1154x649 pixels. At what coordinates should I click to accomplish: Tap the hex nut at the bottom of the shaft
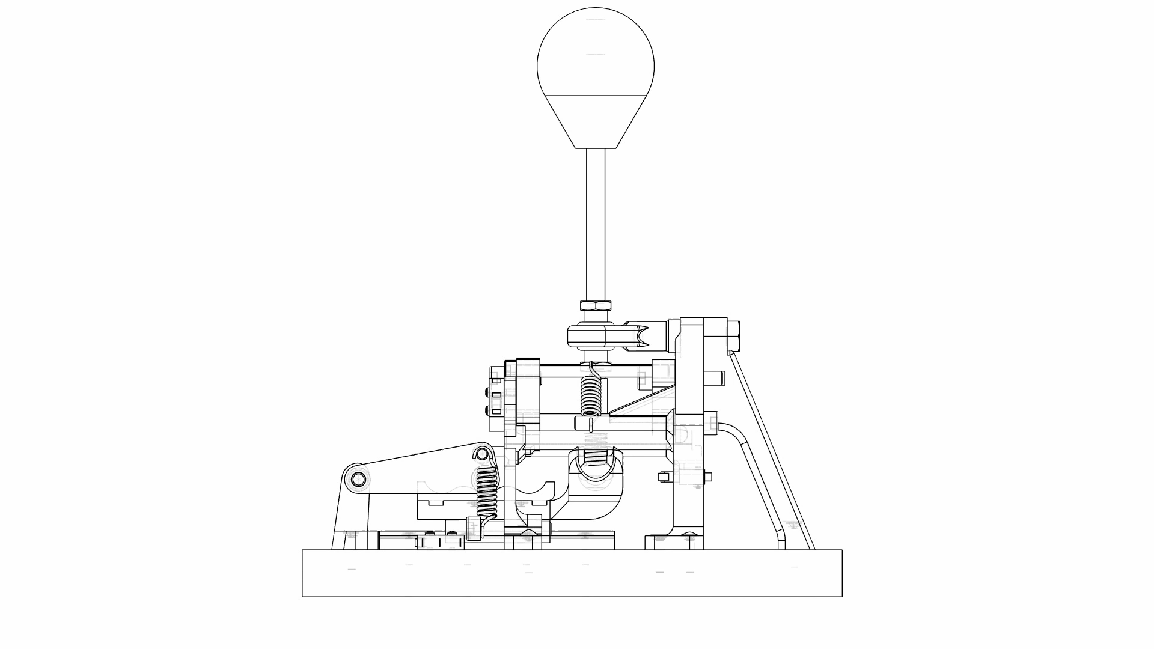click(596, 305)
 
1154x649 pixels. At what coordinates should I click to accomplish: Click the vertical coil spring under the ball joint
click(590, 394)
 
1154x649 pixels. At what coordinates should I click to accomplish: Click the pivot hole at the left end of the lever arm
click(359, 480)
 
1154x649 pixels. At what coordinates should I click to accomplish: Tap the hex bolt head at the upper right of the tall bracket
click(734, 337)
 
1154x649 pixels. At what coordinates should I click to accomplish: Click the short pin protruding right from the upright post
click(716, 378)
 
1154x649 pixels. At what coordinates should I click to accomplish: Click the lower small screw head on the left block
click(487, 410)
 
